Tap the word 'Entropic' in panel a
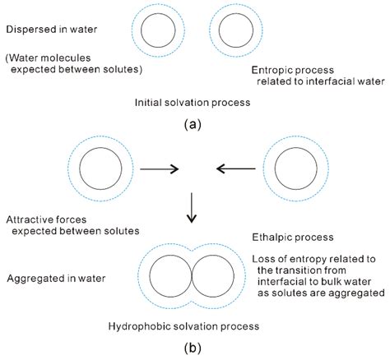271,71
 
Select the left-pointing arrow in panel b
235,168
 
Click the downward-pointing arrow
191,209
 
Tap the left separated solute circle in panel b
97,168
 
